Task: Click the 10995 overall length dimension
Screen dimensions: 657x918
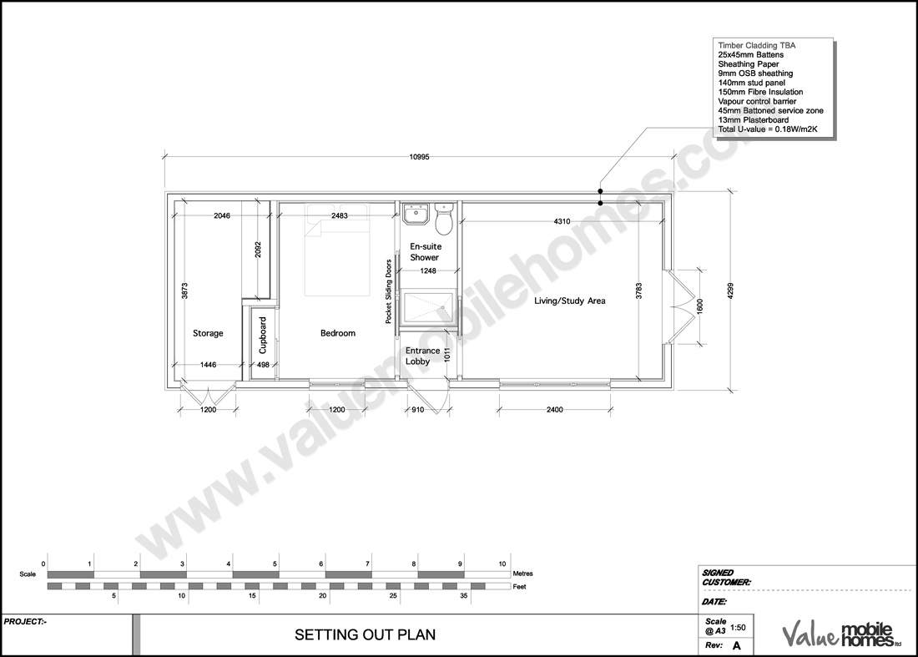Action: point(420,157)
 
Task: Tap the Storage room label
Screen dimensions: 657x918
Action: point(208,333)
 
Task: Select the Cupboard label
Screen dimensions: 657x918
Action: point(263,335)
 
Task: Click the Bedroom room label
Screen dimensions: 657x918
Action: point(338,333)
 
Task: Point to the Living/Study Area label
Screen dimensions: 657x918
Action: point(570,301)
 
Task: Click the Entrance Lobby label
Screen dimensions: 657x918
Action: point(422,356)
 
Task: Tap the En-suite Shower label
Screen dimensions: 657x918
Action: point(425,252)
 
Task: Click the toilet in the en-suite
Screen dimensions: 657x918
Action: point(445,219)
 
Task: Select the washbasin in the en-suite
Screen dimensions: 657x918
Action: point(415,216)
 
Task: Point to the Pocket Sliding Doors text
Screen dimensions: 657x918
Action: point(389,291)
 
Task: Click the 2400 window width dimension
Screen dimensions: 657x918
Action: point(554,410)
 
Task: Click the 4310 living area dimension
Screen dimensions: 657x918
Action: point(562,221)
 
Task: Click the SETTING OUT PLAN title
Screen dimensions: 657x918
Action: point(365,635)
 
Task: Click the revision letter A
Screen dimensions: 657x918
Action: point(737,646)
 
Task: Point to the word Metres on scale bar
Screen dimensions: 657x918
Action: point(523,574)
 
